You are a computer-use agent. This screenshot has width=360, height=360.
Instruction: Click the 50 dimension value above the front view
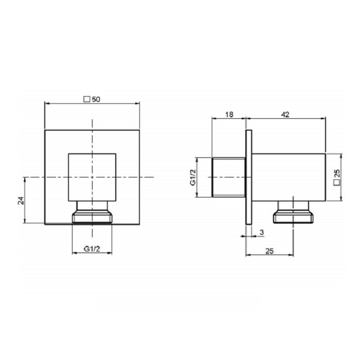96,99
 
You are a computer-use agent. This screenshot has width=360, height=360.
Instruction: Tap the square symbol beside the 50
87,99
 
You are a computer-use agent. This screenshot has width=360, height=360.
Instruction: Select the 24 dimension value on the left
21,201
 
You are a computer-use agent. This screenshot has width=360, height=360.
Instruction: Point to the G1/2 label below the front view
92,248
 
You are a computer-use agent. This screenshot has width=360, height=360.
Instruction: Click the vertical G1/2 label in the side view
193,177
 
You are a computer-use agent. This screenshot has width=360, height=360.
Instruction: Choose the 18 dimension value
229,114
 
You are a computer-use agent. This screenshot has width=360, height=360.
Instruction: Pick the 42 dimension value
285,114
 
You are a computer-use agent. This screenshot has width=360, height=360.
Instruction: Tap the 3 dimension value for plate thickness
262,232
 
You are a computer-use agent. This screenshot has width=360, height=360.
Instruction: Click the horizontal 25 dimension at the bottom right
269,251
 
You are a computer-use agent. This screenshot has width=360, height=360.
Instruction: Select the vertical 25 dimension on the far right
337,173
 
